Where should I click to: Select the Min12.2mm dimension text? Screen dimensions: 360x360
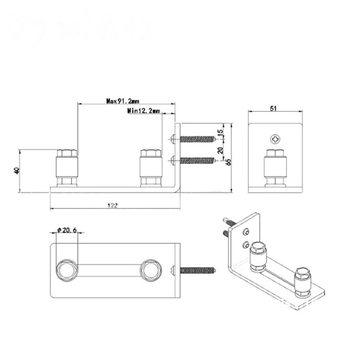[x=143, y=111]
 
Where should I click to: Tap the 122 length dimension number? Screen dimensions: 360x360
[x=113, y=205]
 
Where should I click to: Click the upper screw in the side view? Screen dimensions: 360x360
[x=196, y=139]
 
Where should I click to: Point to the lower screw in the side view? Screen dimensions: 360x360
[x=196, y=160]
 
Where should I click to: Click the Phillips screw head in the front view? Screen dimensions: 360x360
[x=275, y=139]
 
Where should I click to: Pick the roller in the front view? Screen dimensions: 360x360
[x=275, y=167]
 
